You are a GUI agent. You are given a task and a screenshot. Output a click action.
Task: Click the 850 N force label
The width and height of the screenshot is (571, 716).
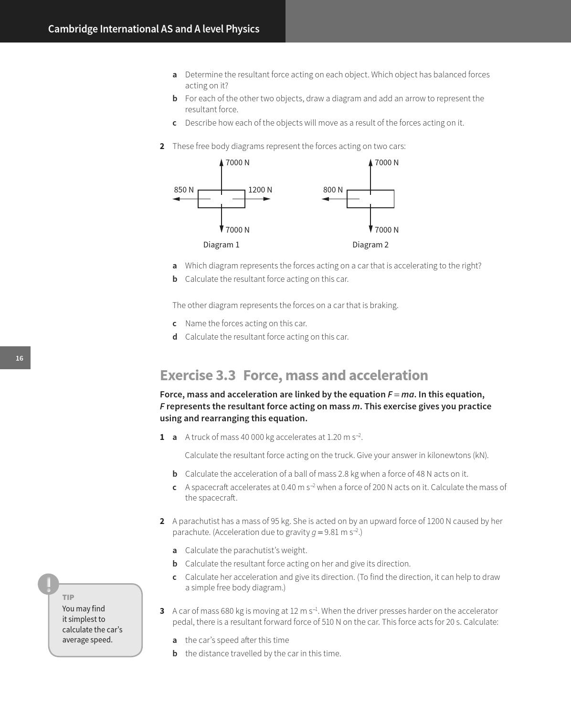point(184,190)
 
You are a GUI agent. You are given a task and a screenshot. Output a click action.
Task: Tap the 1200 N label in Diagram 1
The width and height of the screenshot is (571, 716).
point(260,190)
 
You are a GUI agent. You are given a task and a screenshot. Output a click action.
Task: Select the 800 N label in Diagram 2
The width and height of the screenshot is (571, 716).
point(333,190)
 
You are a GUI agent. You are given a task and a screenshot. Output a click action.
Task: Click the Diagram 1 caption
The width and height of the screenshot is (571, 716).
point(221,245)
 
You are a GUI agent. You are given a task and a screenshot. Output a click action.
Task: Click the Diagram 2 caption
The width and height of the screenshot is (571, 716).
point(370,245)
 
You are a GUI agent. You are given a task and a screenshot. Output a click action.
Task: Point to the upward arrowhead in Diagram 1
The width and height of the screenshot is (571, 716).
point(222,162)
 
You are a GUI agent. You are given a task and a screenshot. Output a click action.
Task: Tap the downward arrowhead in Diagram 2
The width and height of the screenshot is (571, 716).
point(370,229)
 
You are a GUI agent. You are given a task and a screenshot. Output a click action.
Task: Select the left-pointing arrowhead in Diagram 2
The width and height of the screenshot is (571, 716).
point(325,199)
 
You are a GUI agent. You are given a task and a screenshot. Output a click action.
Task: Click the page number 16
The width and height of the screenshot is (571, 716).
point(19,358)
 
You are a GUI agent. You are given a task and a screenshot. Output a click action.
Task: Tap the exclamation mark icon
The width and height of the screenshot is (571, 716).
point(48,584)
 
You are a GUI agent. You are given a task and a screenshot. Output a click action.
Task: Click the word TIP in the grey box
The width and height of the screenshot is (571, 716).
point(68,597)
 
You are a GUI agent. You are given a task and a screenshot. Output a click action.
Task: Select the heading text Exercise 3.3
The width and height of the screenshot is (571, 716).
point(198,375)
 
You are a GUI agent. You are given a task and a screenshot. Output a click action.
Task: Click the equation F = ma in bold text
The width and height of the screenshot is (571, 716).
point(401,395)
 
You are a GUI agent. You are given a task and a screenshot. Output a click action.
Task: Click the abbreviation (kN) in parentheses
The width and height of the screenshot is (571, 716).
point(480,455)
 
